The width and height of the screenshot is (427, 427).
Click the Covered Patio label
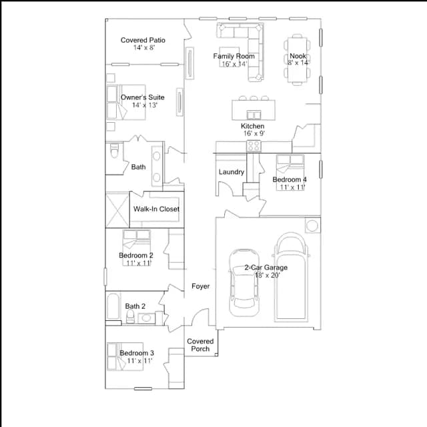143,40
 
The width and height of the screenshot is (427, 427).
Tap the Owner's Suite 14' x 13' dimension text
145,105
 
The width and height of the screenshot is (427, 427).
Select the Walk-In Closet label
156,209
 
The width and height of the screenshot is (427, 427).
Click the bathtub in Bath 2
113,306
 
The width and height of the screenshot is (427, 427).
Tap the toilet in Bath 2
131,316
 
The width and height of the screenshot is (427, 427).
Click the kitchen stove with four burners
254,145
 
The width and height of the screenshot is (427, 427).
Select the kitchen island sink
254,115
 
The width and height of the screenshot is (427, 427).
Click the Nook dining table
298,60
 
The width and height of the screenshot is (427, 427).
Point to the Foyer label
201,286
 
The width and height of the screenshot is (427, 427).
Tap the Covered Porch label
200,345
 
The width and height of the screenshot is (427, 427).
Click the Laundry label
232,172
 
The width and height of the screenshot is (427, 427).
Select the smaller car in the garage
244,283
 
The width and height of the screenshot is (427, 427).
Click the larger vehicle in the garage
292,276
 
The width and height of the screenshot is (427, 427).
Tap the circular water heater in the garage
312,226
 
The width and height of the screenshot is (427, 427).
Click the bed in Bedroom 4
290,172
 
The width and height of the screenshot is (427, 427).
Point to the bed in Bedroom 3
125,356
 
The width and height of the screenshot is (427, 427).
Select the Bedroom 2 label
136,256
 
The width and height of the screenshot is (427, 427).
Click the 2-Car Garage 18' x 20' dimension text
268,276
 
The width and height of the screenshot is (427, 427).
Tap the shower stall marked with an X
117,209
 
